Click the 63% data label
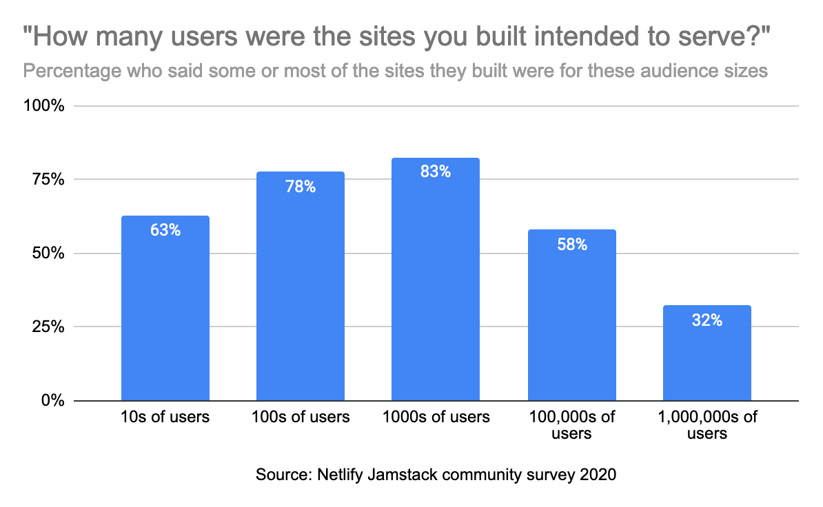165,231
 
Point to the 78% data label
301,187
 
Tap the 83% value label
436,172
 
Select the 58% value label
571,245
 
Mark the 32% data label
707,320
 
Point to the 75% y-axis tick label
51,180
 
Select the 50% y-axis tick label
51,253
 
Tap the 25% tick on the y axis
51,327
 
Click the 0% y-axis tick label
54,401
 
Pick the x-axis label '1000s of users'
436,417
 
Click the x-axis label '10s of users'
165,417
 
